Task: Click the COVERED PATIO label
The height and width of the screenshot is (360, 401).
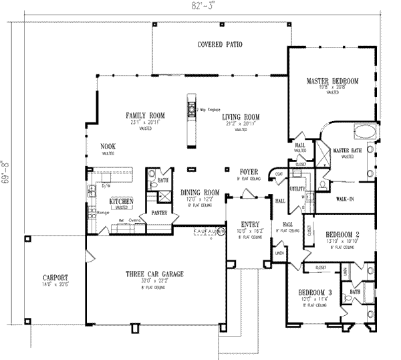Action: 219,45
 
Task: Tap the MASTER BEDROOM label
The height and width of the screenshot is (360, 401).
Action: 332,81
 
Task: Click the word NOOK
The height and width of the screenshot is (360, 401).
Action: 108,146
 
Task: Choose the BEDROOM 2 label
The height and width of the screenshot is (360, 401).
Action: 342,234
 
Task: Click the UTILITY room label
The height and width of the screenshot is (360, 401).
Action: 297,189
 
